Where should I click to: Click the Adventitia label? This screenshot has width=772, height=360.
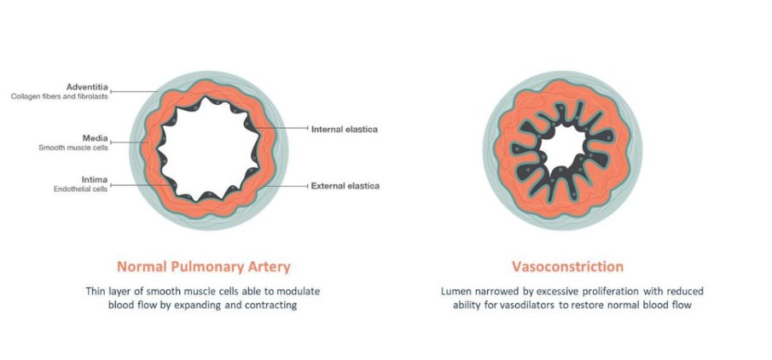pyautogui.click(x=87, y=88)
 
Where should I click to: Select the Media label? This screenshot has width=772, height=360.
pyautogui.click(x=95, y=138)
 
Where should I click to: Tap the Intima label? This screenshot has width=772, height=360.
pyautogui.click(x=95, y=180)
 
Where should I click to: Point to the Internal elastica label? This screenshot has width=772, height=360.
pyautogui.click(x=344, y=130)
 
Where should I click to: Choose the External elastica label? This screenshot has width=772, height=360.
pyautogui.click(x=345, y=187)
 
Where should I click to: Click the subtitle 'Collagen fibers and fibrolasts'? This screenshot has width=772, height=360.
pyautogui.click(x=60, y=96)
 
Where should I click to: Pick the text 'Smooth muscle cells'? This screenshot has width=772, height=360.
pyautogui.click(x=73, y=148)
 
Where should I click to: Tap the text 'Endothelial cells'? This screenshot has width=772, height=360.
pyautogui.click(x=81, y=189)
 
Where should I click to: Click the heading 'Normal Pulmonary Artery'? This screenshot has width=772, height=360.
pyautogui.click(x=203, y=267)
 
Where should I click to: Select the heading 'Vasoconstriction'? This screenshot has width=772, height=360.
pyautogui.click(x=567, y=266)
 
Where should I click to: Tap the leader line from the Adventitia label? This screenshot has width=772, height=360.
pyautogui.click(x=133, y=91)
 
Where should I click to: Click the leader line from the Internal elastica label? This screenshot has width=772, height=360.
pyautogui.click(x=282, y=128)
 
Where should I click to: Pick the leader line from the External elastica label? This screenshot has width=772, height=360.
pyautogui.click(x=287, y=186)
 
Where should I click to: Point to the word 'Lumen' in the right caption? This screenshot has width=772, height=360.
pyautogui.click(x=454, y=291)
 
